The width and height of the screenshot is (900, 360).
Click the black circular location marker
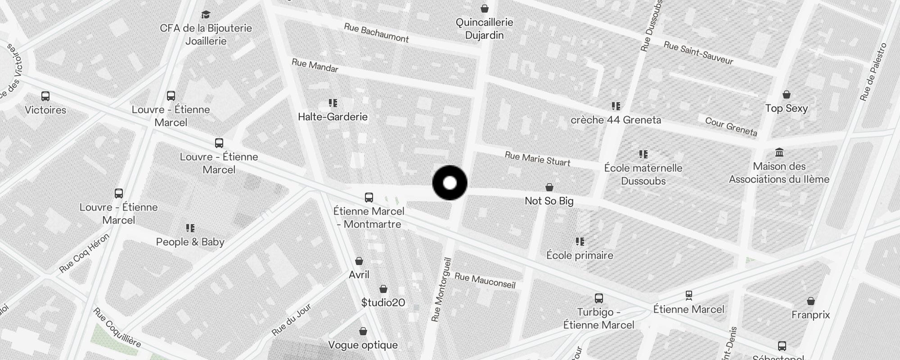450,183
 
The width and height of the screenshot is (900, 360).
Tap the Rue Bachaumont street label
376,33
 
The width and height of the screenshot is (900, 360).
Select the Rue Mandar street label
315,65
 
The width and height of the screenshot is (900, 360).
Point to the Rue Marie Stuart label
537,158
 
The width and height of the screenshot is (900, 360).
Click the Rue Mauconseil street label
485,280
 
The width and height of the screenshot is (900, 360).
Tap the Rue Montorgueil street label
441,289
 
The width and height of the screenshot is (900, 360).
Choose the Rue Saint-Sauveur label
698,53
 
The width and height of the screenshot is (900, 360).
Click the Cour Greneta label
731,126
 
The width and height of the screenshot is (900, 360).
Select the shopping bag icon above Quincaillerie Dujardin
485,9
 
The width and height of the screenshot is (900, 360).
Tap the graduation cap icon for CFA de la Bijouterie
206,15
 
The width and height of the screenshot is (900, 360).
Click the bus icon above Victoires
45,96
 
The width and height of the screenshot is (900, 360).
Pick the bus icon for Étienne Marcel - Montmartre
369,197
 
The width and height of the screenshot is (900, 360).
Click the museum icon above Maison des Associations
779,152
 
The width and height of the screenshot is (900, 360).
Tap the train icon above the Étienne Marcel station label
688,295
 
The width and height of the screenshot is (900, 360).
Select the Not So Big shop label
549,201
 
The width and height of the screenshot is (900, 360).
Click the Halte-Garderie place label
333,117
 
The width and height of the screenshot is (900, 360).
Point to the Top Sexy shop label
786,108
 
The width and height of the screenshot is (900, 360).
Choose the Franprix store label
810,315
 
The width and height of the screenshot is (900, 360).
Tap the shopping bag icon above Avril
359,261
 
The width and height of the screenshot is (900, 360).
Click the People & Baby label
190,242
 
